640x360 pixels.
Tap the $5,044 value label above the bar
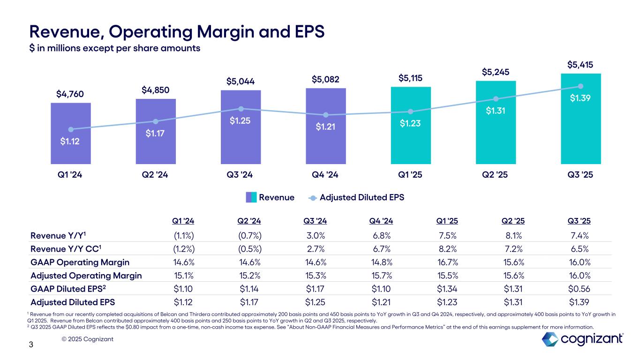click(x=241, y=82)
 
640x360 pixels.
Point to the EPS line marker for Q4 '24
click(x=326, y=115)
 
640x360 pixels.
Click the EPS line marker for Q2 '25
click(x=496, y=98)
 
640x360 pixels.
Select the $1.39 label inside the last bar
click(x=581, y=98)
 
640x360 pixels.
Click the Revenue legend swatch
click(x=251, y=197)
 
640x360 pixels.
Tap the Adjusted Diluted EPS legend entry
click(x=361, y=197)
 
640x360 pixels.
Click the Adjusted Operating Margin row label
click(x=86, y=276)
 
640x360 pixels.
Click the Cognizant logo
click(x=582, y=339)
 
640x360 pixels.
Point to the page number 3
click(x=31, y=345)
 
